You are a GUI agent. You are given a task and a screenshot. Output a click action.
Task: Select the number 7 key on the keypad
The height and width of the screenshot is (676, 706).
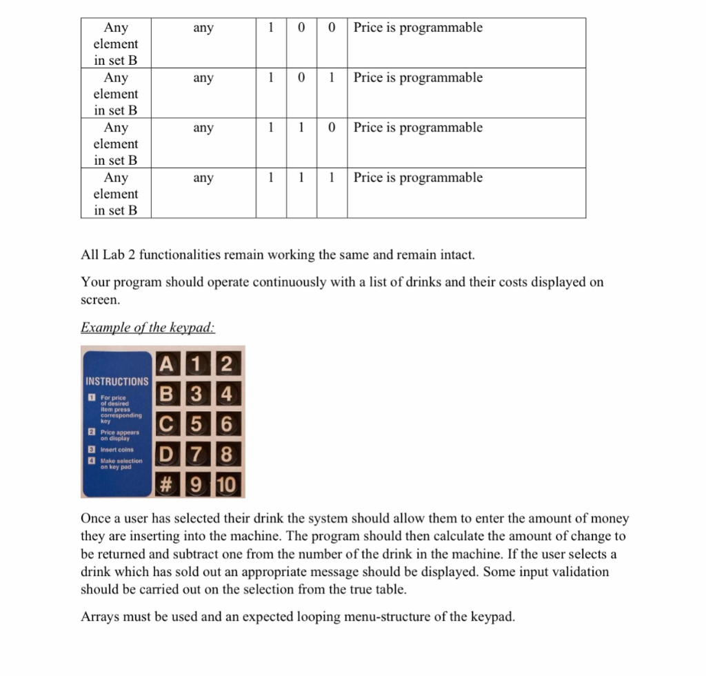click(198, 455)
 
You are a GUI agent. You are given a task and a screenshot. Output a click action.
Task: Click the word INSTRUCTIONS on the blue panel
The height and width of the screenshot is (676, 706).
click(117, 381)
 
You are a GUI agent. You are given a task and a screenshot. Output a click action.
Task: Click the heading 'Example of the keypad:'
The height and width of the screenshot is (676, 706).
click(148, 328)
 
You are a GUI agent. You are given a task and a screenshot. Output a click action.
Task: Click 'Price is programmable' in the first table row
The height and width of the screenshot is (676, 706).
click(418, 28)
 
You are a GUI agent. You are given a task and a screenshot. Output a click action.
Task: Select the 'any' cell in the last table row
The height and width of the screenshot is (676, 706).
click(203, 178)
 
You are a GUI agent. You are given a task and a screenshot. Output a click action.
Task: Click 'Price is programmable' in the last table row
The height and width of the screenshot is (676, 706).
click(418, 178)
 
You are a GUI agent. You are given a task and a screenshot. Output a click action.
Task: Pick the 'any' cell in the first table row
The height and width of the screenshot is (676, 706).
click(203, 28)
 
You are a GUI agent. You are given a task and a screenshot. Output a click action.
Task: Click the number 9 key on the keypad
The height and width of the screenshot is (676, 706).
click(198, 485)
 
